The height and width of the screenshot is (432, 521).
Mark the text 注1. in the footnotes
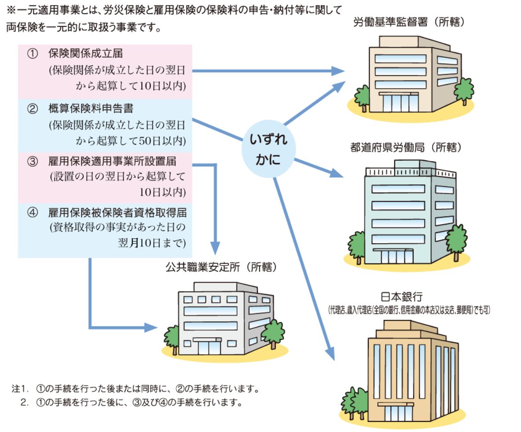coord(19,390)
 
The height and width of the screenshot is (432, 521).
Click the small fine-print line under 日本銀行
coord(409,310)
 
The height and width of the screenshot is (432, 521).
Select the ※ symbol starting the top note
coord(10,9)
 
